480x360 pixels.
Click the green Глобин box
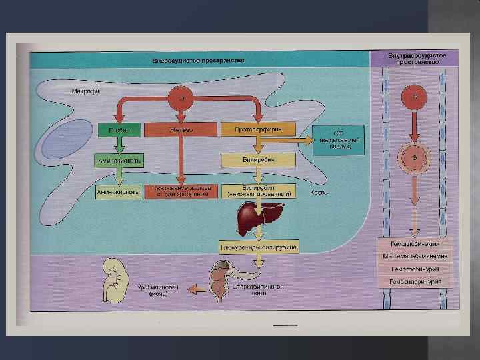119,129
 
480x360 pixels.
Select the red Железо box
180,129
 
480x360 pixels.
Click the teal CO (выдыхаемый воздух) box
339,137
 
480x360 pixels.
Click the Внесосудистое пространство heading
199,60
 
